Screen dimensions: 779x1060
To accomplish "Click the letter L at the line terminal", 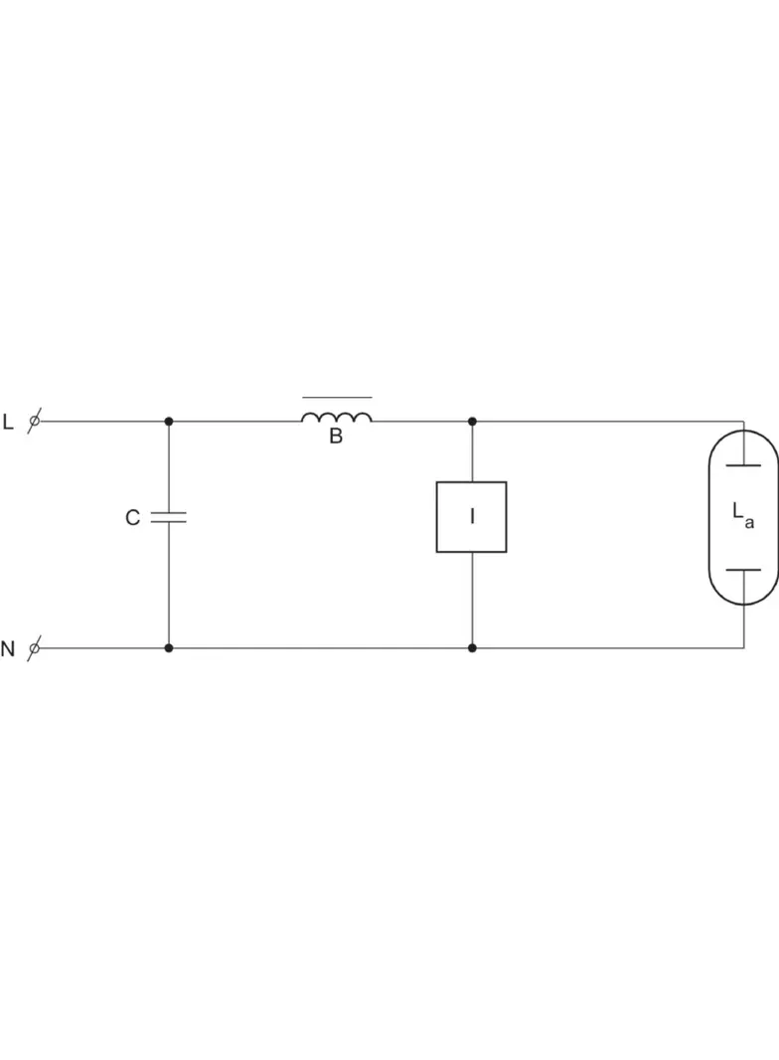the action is (x=8, y=422).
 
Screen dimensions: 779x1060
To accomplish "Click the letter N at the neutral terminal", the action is (x=7, y=649).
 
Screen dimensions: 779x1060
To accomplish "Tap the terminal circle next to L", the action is (x=35, y=422).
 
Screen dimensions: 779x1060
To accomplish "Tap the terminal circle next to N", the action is (x=35, y=648).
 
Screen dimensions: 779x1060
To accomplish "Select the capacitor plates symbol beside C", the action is (x=168, y=518).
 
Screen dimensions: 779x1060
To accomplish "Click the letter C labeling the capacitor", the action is (x=132, y=518).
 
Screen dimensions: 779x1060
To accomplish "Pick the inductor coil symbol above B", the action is (x=337, y=417).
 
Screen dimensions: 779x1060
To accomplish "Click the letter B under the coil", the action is (x=336, y=437).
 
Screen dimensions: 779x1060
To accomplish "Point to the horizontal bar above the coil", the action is (x=337, y=398).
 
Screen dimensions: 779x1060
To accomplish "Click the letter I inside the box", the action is (x=472, y=516).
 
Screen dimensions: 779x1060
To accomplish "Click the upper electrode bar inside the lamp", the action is (x=743, y=465).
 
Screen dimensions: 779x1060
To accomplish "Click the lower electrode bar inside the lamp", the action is (x=743, y=570).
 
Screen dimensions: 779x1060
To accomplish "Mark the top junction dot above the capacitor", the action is (x=169, y=422).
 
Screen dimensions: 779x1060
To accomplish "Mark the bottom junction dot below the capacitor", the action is (x=169, y=648).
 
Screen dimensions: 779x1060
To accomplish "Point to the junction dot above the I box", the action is (x=472, y=422).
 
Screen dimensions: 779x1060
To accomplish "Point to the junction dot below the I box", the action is (x=472, y=648).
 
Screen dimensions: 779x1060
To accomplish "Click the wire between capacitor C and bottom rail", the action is (x=169, y=586).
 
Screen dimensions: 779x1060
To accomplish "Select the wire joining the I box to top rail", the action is (x=472, y=451).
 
